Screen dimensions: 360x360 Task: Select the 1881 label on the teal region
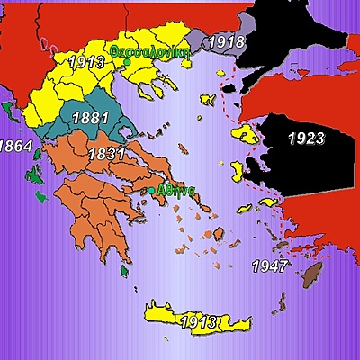coord(91,118)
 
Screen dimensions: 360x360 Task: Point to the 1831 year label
coord(106,154)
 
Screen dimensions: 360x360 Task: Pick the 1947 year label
coord(269,266)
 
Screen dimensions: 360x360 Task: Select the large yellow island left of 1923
coord(245,135)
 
